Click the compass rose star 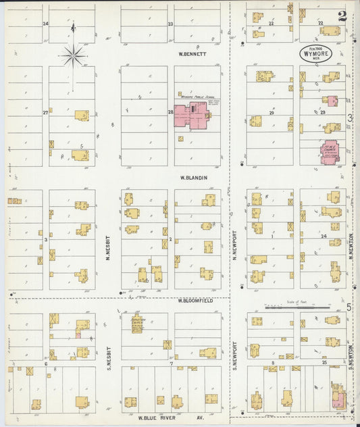(x=73, y=54)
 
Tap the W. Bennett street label (x=192, y=53)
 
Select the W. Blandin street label (x=193, y=178)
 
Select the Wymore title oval (x=315, y=53)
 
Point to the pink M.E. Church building (x=332, y=152)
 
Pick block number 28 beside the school (x=171, y=112)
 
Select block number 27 (x=45, y=112)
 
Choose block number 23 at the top (x=171, y=24)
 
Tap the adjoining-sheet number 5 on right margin (x=349, y=307)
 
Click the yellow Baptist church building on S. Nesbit (x=137, y=324)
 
